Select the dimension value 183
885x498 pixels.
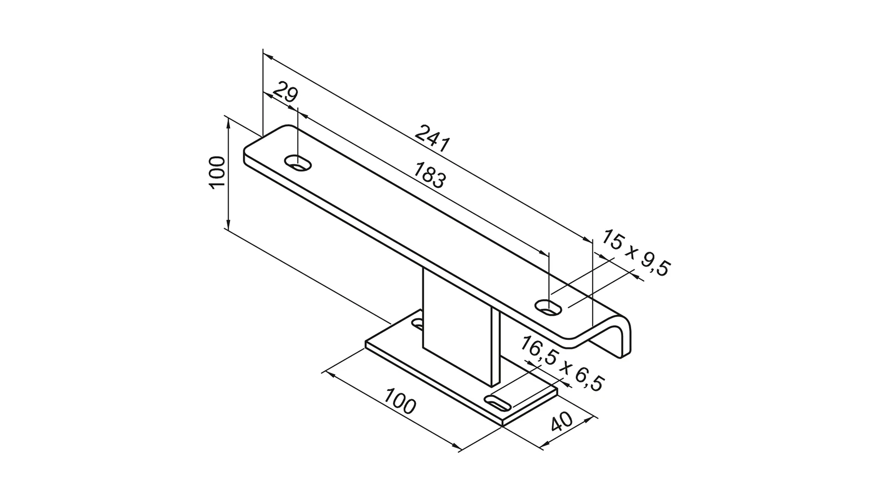(429, 175)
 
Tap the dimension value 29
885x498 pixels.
(285, 94)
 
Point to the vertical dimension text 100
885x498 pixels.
(217, 172)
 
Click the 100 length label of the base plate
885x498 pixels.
(400, 401)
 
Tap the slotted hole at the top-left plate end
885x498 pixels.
(298, 163)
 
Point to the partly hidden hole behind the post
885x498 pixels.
(418, 324)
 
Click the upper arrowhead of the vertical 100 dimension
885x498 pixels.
(228, 121)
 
